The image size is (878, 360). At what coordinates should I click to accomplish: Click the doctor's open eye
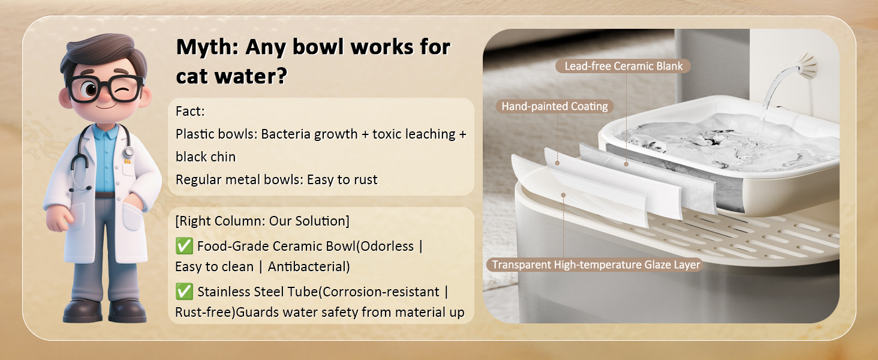click(90, 89)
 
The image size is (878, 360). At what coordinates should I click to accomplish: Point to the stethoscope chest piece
click(128, 151)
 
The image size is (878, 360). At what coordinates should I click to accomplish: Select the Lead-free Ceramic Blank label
click(623, 66)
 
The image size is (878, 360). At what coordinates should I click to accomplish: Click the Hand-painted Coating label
click(555, 106)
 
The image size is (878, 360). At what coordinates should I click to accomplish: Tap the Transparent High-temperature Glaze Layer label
click(596, 265)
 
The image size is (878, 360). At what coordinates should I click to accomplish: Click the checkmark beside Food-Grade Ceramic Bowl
click(184, 246)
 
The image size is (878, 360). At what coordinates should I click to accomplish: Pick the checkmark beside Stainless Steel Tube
click(184, 292)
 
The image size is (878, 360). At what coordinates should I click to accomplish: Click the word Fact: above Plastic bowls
click(190, 112)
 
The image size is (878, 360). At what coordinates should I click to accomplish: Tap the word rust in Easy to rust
click(365, 180)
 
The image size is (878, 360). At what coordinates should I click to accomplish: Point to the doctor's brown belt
click(105, 195)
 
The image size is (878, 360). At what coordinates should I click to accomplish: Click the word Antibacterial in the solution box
click(308, 266)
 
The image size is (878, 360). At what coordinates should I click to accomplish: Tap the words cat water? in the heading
click(231, 76)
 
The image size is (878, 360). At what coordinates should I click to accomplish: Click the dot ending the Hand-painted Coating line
click(557, 163)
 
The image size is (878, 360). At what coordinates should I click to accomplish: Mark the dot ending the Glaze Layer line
click(563, 195)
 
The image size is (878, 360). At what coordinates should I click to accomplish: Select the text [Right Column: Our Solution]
click(262, 221)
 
